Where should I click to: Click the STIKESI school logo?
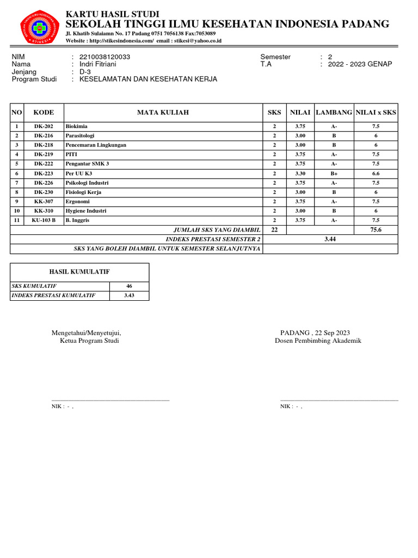[40, 27]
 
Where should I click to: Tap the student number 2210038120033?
[104, 57]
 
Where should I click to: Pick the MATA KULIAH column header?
[163, 112]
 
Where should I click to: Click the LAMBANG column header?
[334, 112]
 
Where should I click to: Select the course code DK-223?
[44, 173]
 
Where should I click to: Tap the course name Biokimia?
[76, 126]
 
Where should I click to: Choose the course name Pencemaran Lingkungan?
[96, 145]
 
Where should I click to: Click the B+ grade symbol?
[334, 173]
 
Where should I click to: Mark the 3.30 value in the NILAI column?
[300, 173]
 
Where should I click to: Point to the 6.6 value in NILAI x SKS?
[376, 173]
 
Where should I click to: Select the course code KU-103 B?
[44, 220]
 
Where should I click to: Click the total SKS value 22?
[274, 230]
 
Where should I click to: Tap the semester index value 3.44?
[330, 239]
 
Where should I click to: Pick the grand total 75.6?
[376, 230]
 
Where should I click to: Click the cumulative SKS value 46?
[129, 286]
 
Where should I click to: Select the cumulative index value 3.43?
[129, 295]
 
